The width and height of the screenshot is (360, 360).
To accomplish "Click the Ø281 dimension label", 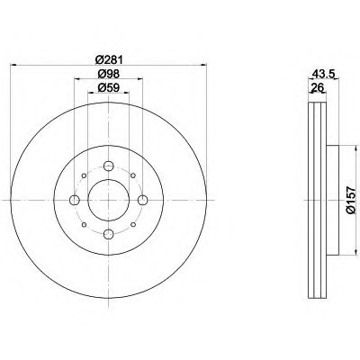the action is [x=109, y=59].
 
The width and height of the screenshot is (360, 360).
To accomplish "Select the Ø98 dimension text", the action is [x=109, y=74].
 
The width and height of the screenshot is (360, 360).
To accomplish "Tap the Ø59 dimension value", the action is [x=109, y=87].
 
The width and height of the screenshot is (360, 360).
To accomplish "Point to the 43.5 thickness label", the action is [x=323, y=74].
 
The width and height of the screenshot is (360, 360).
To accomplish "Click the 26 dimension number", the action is [x=317, y=87].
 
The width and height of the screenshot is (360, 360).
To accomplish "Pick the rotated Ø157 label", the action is [x=350, y=201].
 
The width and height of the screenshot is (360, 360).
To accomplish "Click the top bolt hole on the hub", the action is [x=109, y=166].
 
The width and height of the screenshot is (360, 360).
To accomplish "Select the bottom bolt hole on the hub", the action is [x=109, y=234].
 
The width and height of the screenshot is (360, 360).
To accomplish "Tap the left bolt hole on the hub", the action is [x=75, y=200].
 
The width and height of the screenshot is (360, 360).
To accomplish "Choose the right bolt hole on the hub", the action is [x=143, y=200].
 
